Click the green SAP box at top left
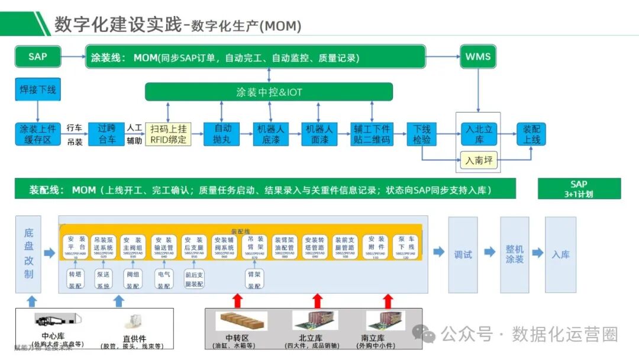coord(38,57)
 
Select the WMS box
coord(478,57)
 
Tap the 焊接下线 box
coord(38,90)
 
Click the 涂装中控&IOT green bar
coord(269,92)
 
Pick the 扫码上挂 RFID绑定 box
coord(169,134)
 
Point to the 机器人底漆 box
coord(270,134)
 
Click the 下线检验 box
coord(421,134)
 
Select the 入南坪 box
coord(478,160)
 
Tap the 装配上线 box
coord(531,134)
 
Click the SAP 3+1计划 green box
coord(579,189)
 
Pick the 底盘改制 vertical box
coord(29,254)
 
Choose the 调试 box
coord(463,254)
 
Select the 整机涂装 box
coord(514,254)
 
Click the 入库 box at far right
coord(560,254)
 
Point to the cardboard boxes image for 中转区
coord(241,322)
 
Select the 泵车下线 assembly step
coord(406,246)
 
